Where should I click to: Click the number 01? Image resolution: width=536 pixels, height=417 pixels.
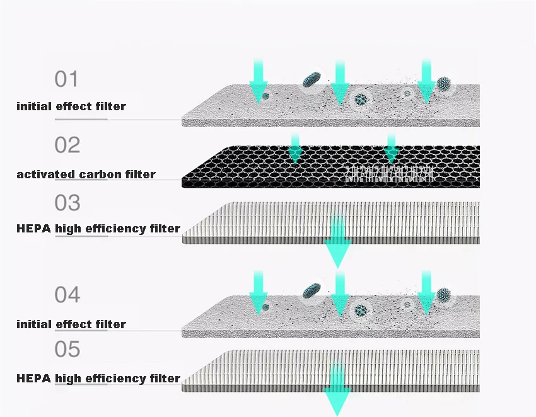tap(66, 80)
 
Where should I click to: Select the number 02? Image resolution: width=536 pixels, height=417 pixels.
tap(67, 146)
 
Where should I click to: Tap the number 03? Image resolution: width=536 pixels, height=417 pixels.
tap(67, 203)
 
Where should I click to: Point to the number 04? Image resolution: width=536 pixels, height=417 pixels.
tap(67, 295)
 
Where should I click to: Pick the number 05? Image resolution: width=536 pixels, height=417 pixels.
tap(67, 348)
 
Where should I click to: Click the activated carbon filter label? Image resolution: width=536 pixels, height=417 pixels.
tap(86, 174)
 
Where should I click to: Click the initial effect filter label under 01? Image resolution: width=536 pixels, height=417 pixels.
tap(71, 106)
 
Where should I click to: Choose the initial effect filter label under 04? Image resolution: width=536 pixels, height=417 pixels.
tap(71, 324)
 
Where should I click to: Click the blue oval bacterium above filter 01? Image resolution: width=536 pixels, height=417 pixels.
tap(310, 79)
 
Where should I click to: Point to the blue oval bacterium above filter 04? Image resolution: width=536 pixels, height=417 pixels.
tap(310, 290)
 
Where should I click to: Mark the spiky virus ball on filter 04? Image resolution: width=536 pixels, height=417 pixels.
tap(444, 295)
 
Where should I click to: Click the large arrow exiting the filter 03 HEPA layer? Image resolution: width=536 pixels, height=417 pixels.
tap(338, 243)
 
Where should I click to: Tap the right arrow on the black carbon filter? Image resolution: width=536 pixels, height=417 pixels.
tap(391, 147)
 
